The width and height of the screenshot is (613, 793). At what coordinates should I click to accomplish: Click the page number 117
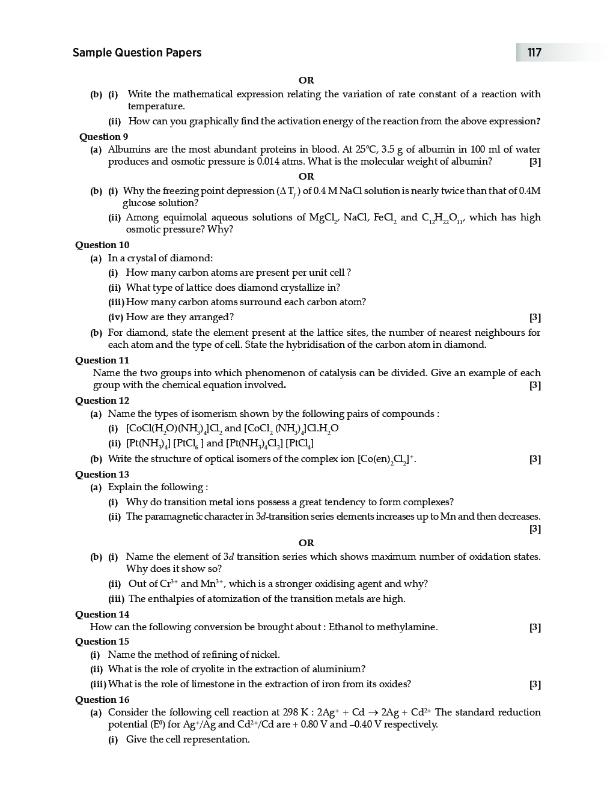pyautogui.click(x=534, y=53)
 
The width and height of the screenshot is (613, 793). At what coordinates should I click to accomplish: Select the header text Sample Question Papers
pyautogui.click(x=137, y=53)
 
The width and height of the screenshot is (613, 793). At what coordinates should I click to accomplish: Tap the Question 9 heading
pyautogui.click(x=103, y=137)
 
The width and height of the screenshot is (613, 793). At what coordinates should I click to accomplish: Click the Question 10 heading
pyautogui.click(x=102, y=245)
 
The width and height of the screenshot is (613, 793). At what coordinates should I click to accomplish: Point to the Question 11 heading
pyautogui.click(x=102, y=360)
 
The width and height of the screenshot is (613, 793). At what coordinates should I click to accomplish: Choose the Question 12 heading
pyautogui.click(x=102, y=401)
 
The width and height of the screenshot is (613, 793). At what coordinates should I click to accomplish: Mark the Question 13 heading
pyautogui.click(x=102, y=475)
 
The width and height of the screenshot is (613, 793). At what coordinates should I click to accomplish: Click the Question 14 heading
pyautogui.click(x=102, y=615)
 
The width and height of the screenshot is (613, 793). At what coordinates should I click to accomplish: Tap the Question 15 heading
pyautogui.click(x=102, y=642)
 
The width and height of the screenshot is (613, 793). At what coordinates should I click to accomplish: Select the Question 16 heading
pyautogui.click(x=102, y=700)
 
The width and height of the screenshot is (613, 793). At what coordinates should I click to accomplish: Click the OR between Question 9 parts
pyautogui.click(x=306, y=177)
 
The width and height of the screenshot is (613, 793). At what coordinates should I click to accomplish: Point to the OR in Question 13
pyautogui.click(x=306, y=543)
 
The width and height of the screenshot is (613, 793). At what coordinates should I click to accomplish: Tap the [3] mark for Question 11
pyautogui.click(x=535, y=386)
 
